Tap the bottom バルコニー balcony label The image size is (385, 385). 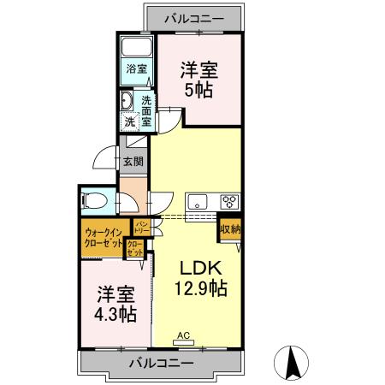tap(162, 362)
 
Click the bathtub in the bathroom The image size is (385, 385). tap(136, 47)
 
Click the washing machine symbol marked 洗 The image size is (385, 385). tap(129, 122)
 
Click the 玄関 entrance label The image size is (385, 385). tap(132, 161)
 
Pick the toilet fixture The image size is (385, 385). tap(95, 202)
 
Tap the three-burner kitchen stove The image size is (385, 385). tap(229, 203)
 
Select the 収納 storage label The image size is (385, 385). tap(229, 228)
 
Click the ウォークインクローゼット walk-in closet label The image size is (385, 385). tap(104, 236)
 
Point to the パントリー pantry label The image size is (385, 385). tap(142, 228)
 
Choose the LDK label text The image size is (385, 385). tap(195, 266)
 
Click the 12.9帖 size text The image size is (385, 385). tap(201, 288)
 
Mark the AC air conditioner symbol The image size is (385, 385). tap(182, 339)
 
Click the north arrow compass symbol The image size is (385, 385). tap(293, 363)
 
